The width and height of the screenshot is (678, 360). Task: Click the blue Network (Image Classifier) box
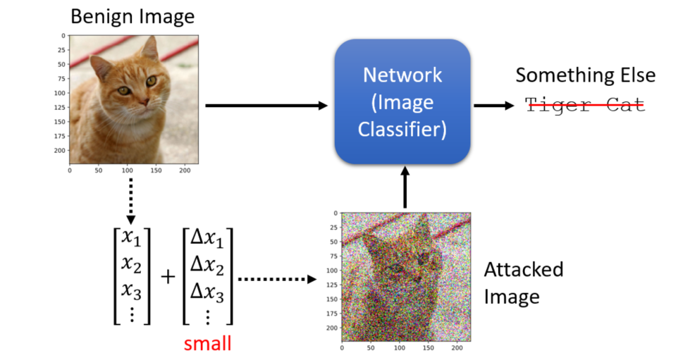click(402, 102)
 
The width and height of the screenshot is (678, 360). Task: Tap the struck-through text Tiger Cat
click(584, 105)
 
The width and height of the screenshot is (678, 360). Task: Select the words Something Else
click(586, 75)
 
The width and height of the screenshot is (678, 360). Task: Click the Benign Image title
click(132, 17)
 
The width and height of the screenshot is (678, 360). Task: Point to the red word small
click(207, 344)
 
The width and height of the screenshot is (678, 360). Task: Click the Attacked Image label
click(524, 283)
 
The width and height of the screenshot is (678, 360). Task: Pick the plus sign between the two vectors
click(168, 277)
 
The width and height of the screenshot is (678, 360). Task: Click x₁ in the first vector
click(131, 237)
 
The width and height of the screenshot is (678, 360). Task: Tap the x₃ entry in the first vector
click(131, 290)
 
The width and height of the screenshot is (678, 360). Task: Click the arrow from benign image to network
click(266, 105)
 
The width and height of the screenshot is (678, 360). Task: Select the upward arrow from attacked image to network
click(405, 187)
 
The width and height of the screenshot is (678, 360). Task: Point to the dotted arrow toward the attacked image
click(278, 279)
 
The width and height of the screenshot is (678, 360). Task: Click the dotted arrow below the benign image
click(130, 201)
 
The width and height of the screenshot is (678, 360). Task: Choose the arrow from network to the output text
click(494, 105)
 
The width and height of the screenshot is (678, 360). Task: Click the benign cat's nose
click(143, 102)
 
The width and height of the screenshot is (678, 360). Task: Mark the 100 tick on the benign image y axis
click(60, 93)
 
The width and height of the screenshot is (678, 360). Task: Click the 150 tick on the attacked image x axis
click(428, 347)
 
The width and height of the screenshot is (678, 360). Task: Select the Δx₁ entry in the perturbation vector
click(207, 238)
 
